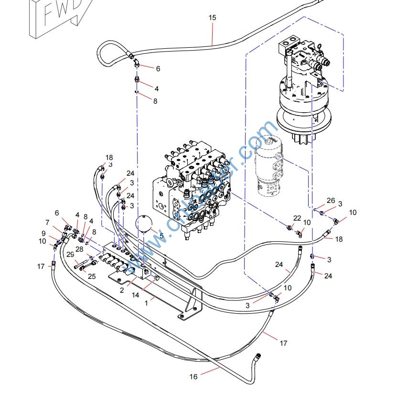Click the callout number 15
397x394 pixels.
point(212,18)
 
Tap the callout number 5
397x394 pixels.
point(161,235)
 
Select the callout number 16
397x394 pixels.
point(193,377)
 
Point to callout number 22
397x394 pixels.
point(298,218)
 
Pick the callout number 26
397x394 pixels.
point(331,201)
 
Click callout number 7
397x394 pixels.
point(47,223)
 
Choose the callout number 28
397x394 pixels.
point(79,249)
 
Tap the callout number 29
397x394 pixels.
point(70,255)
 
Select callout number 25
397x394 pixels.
point(92,276)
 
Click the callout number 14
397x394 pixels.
point(136,295)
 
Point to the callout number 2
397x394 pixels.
point(122,290)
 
